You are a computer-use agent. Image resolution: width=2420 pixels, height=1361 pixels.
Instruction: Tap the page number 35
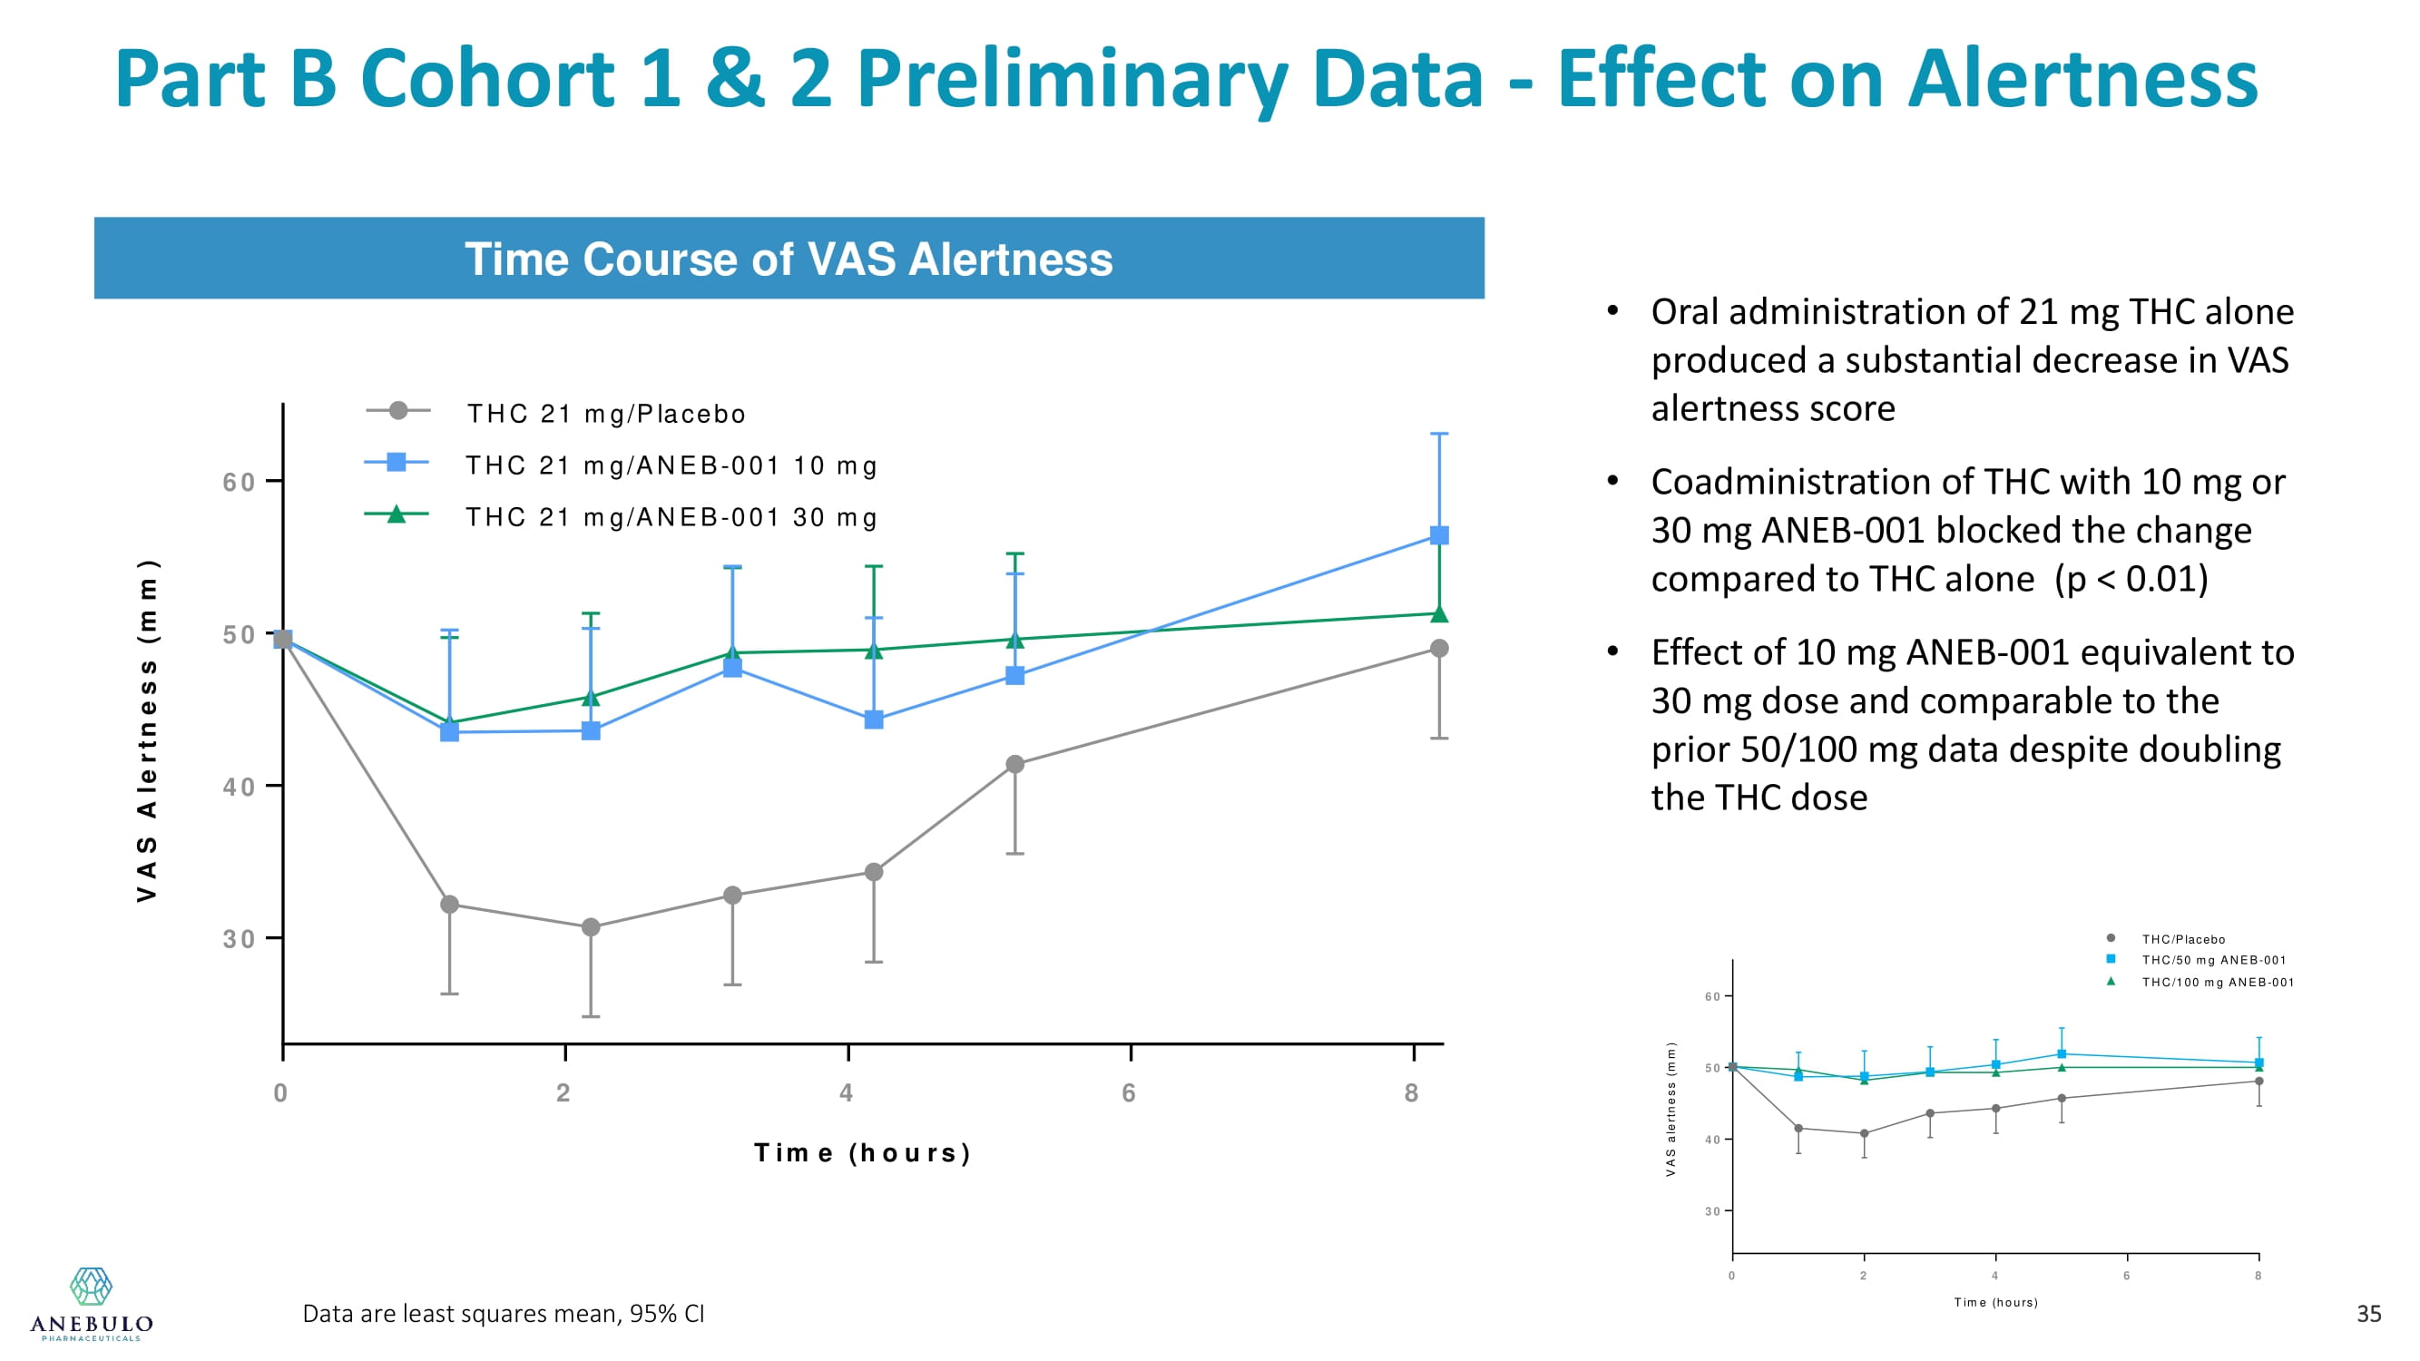point(2368,1314)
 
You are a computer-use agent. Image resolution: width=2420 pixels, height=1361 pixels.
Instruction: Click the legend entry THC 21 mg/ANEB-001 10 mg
point(671,465)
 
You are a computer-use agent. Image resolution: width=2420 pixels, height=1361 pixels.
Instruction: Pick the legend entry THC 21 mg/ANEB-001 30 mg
point(671,517)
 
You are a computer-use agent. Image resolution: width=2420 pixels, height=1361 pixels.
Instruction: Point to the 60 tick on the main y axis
point(239,482)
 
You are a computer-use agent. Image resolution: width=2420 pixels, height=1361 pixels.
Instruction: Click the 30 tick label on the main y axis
point(239,938)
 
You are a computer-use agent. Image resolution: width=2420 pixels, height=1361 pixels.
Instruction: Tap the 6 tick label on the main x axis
point(1129,1092)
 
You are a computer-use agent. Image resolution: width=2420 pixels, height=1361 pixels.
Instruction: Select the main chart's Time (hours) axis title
point(862,1152)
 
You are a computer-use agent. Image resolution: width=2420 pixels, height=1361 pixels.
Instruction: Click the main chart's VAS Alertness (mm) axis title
point(148,729)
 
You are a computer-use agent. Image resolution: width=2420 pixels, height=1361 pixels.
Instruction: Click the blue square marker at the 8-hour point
point(1438,535)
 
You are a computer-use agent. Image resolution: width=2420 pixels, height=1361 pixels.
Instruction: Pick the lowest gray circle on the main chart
point(591,927)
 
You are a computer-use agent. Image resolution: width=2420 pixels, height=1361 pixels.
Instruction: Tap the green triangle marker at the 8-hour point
point(1438,614)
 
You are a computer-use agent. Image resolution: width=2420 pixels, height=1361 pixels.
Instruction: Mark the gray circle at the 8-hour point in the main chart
point(1438,648)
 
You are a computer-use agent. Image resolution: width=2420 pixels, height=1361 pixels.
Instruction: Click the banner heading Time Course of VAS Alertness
point(789,259)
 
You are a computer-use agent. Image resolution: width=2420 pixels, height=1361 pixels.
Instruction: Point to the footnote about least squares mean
point(504,1313)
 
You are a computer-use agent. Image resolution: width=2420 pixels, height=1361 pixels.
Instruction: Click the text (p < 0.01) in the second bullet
point(2131,579)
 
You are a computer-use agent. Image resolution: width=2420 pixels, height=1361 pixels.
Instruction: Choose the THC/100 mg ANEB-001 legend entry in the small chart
point(2217,983)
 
